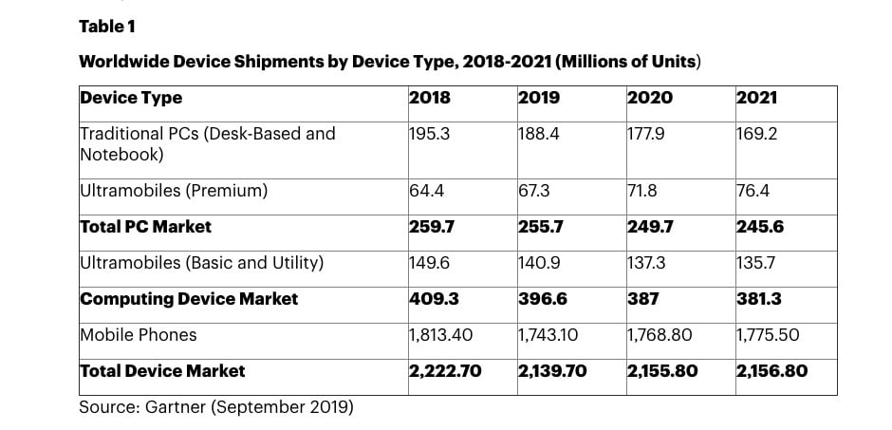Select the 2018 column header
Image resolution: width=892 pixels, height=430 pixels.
pyautogui.click(x=430, y=98)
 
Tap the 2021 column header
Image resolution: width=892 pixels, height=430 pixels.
pyautogui.click(x=756, y=98)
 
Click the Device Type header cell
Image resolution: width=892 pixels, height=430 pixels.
pyautogui.click(x=131, y=98)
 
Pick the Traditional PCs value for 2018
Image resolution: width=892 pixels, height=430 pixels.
pyautogui.click(x=429, y=134)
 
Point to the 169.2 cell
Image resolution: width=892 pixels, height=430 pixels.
pyautogui.click(x=756, y=134)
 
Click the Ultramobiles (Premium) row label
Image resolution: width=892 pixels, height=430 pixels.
pyautogui.click(x=174, y=191)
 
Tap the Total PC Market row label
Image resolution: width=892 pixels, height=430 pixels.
pyautogui.click(x=146, y=227)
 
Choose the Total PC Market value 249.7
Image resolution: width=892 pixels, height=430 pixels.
pyautogui.click(x=650, y=227)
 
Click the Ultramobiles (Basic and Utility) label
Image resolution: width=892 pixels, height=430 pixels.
pyautogui.click(x=201, y=263)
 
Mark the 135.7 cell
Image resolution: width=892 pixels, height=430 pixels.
pyautogui.click(x=757, y=263)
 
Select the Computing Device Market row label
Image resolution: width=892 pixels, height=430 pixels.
pyautogui.click(x=189, y=299)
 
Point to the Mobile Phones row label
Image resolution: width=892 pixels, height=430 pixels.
pyautogui.click(x=139, y=334)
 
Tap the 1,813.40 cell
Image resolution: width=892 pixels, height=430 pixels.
pyautogui.click(x=441, y=334)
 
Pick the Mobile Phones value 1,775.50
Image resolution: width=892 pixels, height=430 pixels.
pyautogui.click(x=769, y=334)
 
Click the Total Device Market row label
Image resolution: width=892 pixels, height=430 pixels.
pyautogui.click(x=162, y=370)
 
